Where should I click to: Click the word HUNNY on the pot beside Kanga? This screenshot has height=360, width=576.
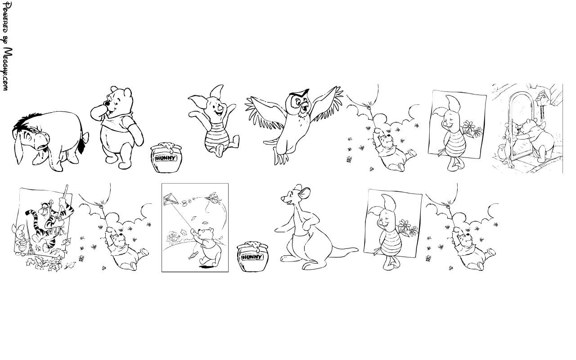click(250, 257)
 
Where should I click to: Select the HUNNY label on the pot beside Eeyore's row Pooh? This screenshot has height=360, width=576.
click(166, 158)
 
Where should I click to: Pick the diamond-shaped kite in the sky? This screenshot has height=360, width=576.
click(171, 199)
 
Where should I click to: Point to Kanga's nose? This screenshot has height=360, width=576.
click(282, 198)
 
